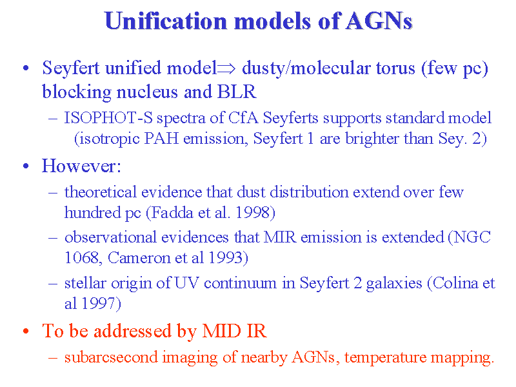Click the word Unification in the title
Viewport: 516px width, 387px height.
pyautogui.click(x=166, y=21)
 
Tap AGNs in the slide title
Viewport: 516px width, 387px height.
pyautogui.click(x=379, y=21)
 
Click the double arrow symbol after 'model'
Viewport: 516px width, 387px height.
pyautogui.click(x=226, y=68)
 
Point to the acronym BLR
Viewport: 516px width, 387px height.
pyautogui.click(x=237, y=92)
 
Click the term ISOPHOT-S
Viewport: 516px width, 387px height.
pyautogui.click(x=108, y=118)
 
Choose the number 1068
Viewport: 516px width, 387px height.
pyautogui.click(x=81, y=257)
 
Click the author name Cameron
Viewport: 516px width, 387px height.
pyautogui.click(x=139, y=257)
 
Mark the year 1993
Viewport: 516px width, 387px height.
pyautogui.click(x=226, y=257)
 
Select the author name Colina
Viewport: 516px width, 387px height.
pyautogui.click(x=455, y=283)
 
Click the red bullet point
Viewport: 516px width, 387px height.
pyautogui.click(x=26, y=332)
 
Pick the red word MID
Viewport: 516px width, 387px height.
pyautogui.click(x=221, y=331)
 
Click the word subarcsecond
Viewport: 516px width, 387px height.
pyautogui.click(x=111, y=357)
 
